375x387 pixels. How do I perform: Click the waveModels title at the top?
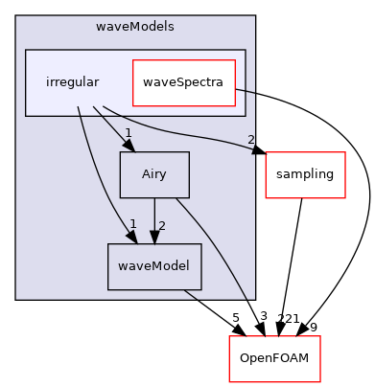tap(135, 26)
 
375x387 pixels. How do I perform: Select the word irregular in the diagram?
tap(72, 82)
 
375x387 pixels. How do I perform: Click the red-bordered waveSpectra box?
tap(182, 82)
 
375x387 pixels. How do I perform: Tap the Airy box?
tap(153, 175)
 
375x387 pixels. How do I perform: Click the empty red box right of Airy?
tap(305, 175)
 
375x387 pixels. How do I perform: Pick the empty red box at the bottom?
tap(274, 358)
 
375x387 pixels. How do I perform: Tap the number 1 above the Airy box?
tap(128, 133)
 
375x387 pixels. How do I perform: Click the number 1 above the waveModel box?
tap(133, 224)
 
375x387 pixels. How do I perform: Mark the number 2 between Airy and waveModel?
tap(162, 226)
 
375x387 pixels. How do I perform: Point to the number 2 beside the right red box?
tap(251, 140)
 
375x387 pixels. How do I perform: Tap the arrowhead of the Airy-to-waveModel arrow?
tap(153, 236)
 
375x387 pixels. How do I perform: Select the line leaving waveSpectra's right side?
tap(245, 90)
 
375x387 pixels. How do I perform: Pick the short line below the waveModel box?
tap(191, 295)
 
